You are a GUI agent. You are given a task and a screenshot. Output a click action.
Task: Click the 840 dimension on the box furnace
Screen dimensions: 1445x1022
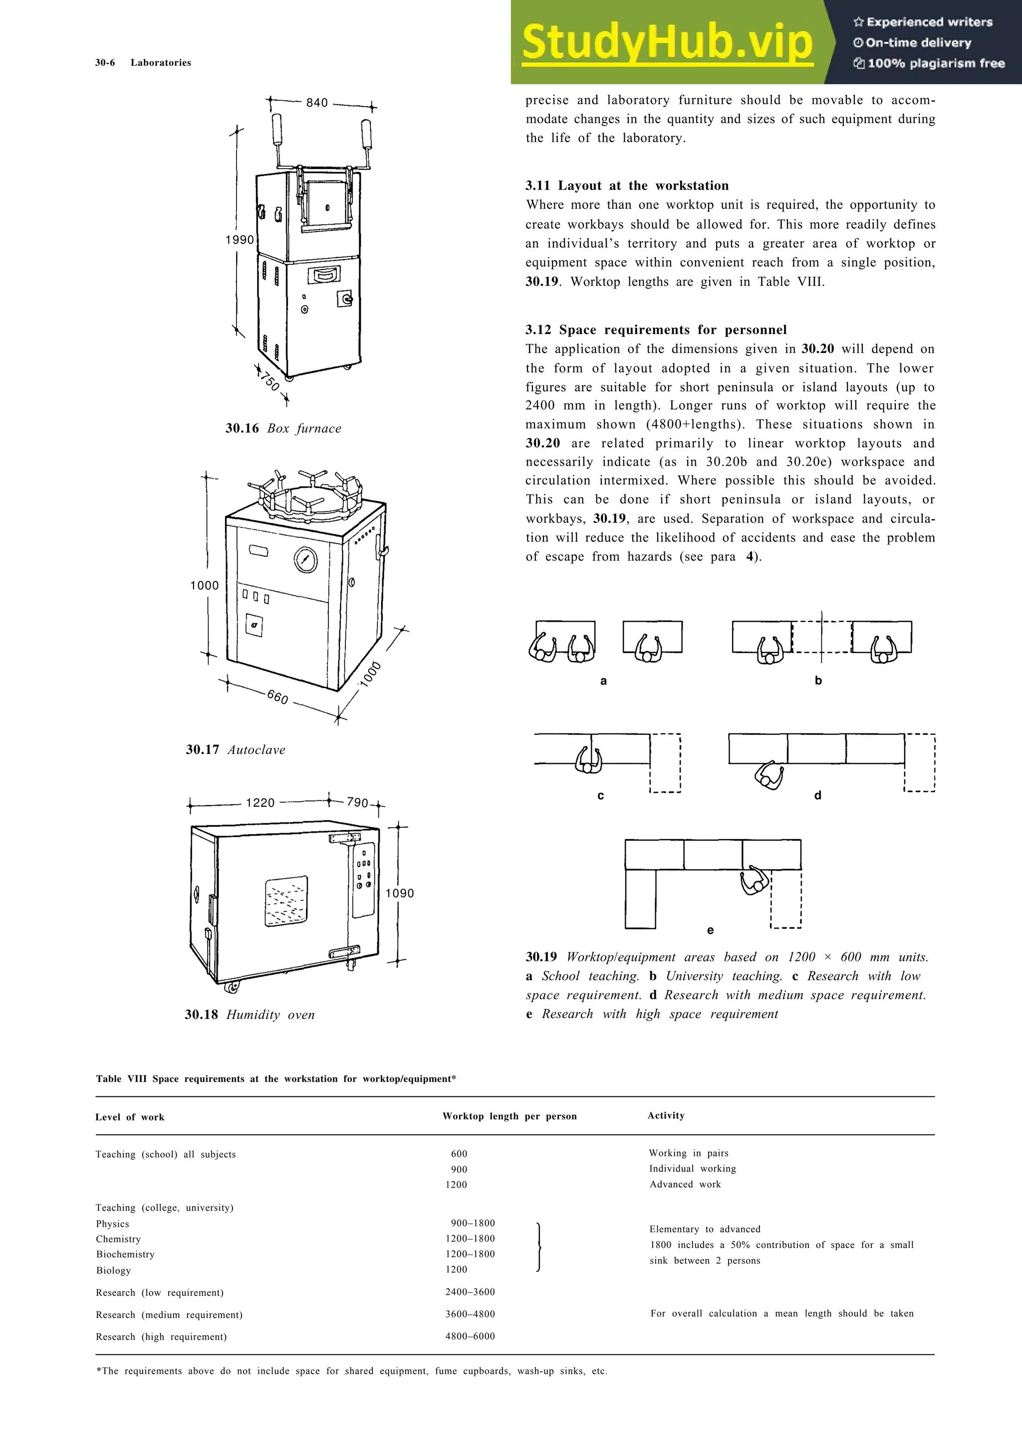317,103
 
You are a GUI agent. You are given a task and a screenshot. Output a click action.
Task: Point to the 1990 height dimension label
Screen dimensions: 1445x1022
240,240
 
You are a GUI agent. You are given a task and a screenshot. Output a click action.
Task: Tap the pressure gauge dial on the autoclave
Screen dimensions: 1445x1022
305,559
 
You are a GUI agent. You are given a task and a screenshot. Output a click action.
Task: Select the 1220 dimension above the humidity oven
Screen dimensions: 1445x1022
260,802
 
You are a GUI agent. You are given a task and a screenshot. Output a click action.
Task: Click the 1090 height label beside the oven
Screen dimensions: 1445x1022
399,893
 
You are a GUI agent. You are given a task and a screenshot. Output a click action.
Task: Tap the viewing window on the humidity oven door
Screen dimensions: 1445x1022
286,901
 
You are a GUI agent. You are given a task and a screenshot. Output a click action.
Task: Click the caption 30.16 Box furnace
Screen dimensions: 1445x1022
283,429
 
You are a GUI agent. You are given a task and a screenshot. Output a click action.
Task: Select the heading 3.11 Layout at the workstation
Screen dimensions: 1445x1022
627,185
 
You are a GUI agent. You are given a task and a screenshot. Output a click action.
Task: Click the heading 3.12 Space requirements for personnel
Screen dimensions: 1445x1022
656,330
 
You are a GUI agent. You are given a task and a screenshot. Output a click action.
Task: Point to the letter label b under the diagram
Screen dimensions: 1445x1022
818,680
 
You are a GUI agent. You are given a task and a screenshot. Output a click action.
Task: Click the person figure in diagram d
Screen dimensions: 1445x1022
769,775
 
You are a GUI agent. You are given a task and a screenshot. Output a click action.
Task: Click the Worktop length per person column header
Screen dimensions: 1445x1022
509,1116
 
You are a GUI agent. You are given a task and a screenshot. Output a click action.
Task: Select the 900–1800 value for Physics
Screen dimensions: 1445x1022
472,1223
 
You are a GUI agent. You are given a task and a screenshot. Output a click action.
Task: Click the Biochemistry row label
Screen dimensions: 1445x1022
125,1255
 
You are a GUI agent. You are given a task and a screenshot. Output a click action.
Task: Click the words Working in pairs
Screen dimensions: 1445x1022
688,1153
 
